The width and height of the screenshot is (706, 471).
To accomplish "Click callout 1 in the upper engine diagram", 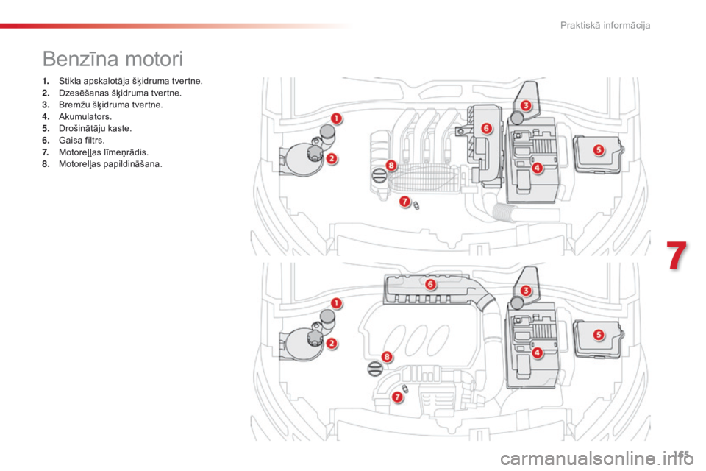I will pos(335,118).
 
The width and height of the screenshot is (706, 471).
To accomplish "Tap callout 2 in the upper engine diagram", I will pos(332,157).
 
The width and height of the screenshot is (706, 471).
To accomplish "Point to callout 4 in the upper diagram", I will pos(537,167).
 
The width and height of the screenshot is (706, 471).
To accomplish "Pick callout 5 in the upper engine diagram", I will pos(598,149).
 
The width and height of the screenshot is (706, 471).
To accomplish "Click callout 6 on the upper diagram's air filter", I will pos(486,128).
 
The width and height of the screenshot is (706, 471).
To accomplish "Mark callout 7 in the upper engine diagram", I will pos(404,201).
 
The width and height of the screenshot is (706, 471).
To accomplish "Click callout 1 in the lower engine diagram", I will pos(335,302).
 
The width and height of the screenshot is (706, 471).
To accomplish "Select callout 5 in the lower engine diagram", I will pos(598,334).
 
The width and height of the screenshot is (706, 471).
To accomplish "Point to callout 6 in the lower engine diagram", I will pos(430,284).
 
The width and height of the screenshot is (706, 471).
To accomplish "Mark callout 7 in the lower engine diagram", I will pos(398,397).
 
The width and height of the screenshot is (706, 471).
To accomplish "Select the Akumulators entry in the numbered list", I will pos(74,116).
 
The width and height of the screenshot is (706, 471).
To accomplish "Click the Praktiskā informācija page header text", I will pos(605,26).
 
